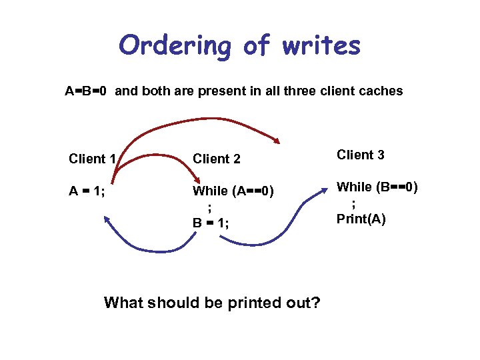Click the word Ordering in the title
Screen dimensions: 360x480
tap(175, 47)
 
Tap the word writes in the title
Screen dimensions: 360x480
tap(321, 45)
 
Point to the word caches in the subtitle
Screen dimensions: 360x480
tap(380, 91)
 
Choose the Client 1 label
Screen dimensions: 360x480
tap(93, 159)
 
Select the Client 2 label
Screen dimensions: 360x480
tap(217, 159)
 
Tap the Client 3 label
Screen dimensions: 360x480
tap(361, 155)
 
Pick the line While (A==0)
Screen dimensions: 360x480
tap(233, 192)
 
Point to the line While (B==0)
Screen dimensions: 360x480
tap(377, 187)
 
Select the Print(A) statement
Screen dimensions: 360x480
tap(361, 219)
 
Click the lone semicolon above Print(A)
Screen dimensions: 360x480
tap(353, 203)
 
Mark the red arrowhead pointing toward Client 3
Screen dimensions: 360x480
tap(277, 140)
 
